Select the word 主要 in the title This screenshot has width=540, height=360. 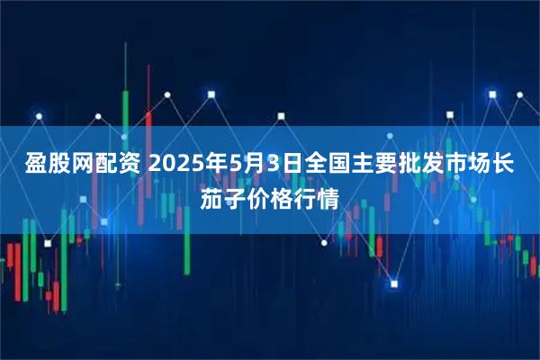355,166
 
